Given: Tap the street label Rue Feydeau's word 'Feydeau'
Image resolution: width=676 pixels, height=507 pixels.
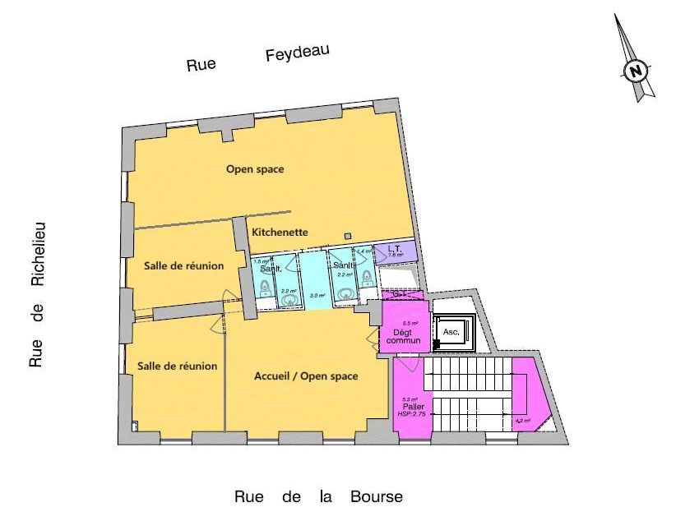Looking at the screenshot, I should (x=297, y=54).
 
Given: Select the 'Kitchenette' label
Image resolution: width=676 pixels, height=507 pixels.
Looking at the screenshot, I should (x=280, y=233).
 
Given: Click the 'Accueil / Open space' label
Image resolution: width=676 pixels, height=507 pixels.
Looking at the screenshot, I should (x=306, y=376).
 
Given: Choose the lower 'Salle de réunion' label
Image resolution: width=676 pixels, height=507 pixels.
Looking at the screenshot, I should (x=177, y=366).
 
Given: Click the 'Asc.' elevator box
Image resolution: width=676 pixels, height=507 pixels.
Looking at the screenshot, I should (x=451, y=332).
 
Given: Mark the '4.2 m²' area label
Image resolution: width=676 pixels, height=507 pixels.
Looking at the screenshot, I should (x=522, y=421).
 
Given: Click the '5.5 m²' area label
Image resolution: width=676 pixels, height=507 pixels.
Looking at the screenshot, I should (x=409, y=324).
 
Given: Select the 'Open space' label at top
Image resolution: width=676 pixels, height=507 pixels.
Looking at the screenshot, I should (x=255, y=169).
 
